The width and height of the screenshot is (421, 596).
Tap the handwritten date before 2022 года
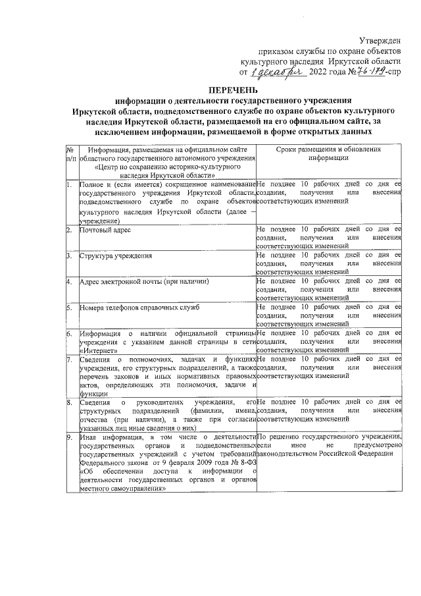point(275,72)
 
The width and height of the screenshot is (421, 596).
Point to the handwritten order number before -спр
point(369,71)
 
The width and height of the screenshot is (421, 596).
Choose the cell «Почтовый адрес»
point(105,230)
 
